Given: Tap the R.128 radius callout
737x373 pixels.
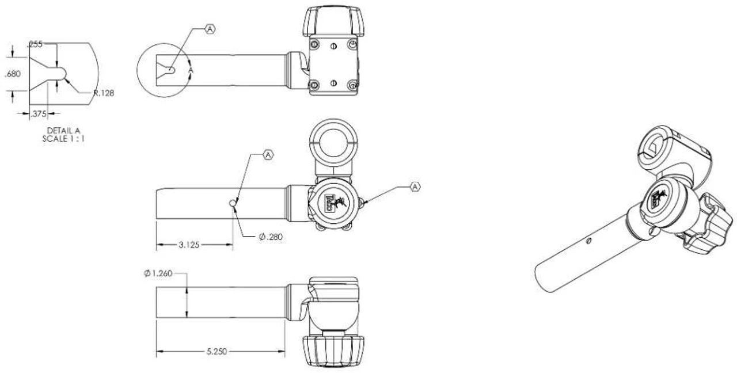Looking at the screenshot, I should [x=104, y=93].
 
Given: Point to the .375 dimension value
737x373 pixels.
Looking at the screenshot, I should [x=39, y=113].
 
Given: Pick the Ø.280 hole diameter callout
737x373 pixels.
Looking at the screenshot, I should [x=271, y=237].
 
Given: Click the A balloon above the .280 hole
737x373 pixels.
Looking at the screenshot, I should [x=268, y=154].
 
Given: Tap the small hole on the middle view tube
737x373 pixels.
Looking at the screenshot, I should [x=233, y=203].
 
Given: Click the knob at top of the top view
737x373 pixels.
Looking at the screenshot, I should [x=333, y=21].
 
